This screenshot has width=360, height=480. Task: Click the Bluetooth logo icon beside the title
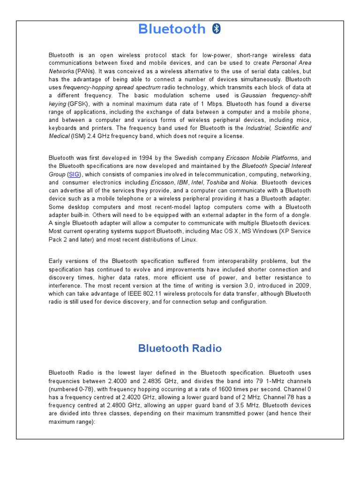pos(217,29)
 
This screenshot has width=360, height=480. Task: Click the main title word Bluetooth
pos(172,29)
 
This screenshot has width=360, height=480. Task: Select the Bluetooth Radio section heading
pos(180,348)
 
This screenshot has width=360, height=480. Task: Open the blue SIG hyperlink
pos(74,174)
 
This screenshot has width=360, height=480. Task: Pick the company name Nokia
pos(249,183)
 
